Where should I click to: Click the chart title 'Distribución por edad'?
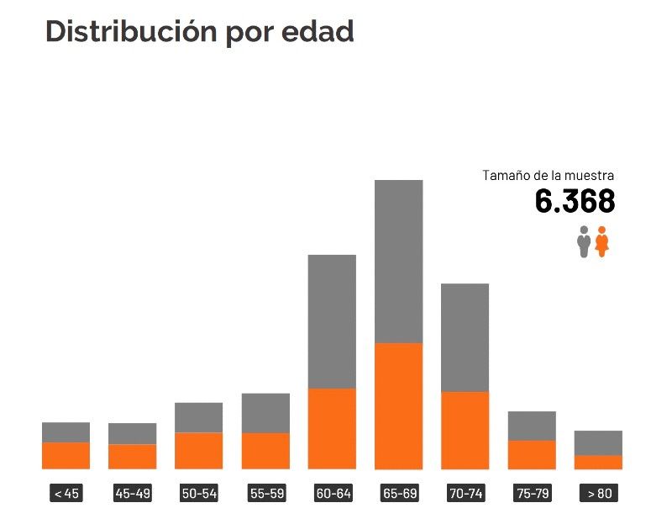click(x=199, y=31)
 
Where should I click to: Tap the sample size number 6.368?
click(x=575, y=202)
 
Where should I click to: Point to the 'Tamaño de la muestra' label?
click(x=548, y=176)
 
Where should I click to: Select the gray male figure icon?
click(x=584, y=241)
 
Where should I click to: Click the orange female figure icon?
click(x=601, y=241)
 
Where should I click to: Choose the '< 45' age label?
click(x=66, y=494)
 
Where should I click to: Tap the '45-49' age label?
click(x=133, y=494)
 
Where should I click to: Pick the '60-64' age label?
click(x=332, y=494)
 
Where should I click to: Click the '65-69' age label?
click(x=398, y=494)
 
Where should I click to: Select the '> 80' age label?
click(x=598, y=494)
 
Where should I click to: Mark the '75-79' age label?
click(x=532, y=494)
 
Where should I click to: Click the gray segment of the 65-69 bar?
click(x=398, y=261)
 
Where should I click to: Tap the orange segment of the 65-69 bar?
click(x=398, y=405)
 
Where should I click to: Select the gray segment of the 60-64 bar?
click(x=332, y=320)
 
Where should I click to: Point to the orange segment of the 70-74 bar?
click(x=465, y=430)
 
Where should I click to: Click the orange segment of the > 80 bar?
click(x=598, y=462)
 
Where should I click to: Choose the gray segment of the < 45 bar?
click(x=66, y=432)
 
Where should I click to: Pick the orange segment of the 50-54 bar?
click(x=199, y=450)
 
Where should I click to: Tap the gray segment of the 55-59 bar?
click(x=265, y=413)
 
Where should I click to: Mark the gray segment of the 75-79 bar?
click(x=532, y=426)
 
